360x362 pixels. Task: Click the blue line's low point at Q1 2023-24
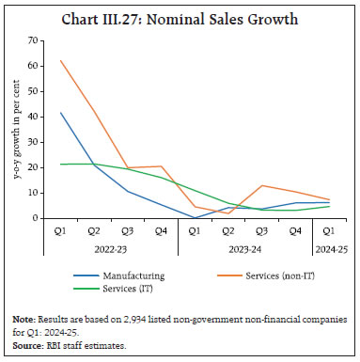coord(194,217)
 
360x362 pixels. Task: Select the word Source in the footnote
coord(26,345)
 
